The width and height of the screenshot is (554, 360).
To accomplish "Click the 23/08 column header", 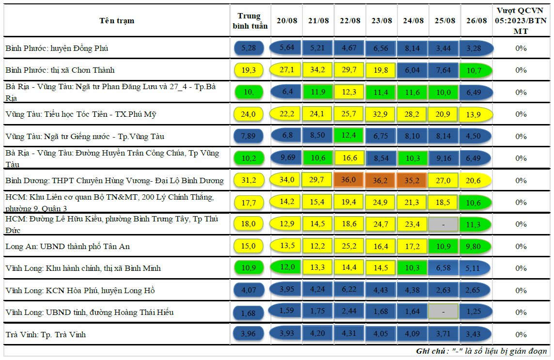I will pos(381,20).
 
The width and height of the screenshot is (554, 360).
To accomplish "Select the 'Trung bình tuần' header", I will pos(250,21).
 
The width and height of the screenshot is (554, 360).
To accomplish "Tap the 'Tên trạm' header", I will pos(117,20).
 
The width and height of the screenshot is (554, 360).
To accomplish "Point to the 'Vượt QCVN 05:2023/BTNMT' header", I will pos(521,21).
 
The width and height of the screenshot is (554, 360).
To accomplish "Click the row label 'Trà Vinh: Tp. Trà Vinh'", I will pos(46,335).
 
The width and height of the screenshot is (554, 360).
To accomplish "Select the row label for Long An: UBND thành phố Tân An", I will pos(67,247).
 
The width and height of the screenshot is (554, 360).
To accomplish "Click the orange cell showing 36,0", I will pos(349,180).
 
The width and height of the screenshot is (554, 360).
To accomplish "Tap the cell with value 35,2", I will pos(413,180).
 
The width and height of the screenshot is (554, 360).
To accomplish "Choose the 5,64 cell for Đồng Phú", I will pos(286,47).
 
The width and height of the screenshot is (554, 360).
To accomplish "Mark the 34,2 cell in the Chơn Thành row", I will pos(318,70).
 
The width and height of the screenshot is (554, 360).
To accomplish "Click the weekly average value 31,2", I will pos(249,180).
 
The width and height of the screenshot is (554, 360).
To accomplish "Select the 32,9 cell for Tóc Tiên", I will pos(381,114).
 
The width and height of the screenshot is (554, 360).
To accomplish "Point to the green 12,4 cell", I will pos(349,136).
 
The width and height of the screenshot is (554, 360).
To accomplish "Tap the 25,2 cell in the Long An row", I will pos(349,246).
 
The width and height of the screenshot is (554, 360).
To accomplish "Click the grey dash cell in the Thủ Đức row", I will pos(443,224).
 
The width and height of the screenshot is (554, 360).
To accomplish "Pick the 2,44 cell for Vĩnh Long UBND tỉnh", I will pos(349,312).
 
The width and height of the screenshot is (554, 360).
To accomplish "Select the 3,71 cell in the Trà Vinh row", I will pos(443,334).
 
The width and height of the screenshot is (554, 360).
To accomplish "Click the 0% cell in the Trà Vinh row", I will pos(521,335).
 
